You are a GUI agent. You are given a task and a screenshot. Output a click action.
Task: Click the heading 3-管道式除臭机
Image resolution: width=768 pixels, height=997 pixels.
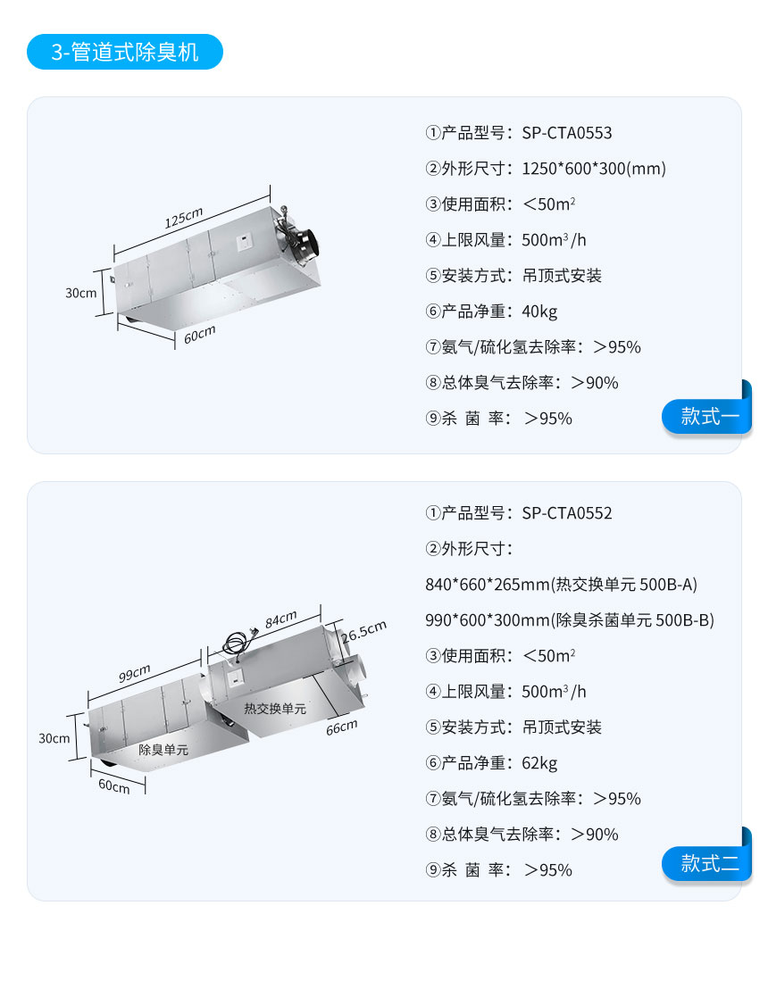124,52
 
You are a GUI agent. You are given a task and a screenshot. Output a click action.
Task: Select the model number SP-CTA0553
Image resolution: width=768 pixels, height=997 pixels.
567,133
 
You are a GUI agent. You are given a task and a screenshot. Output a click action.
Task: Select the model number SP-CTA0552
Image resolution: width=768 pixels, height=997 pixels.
567,513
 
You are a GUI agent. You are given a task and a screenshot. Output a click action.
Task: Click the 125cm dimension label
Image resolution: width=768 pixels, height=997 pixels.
183,217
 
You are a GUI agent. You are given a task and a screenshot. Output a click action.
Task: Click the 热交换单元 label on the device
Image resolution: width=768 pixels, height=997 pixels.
275,709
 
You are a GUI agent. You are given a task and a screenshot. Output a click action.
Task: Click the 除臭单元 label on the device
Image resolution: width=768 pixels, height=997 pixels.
163,750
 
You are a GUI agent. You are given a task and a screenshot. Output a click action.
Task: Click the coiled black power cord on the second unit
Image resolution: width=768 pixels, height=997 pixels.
239,644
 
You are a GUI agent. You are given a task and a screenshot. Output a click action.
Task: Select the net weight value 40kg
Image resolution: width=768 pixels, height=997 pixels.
539,312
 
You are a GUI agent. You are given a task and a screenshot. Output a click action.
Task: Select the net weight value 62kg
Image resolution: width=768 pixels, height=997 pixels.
539,763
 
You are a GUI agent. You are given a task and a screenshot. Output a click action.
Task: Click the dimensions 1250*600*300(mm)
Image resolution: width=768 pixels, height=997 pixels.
594,169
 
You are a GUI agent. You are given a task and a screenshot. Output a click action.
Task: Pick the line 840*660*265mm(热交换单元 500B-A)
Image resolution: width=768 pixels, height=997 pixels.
561,585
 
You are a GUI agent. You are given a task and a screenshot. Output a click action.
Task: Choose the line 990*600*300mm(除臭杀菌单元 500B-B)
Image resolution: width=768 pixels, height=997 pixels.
570,620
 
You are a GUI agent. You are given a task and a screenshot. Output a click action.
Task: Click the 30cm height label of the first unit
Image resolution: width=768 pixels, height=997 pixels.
81,293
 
